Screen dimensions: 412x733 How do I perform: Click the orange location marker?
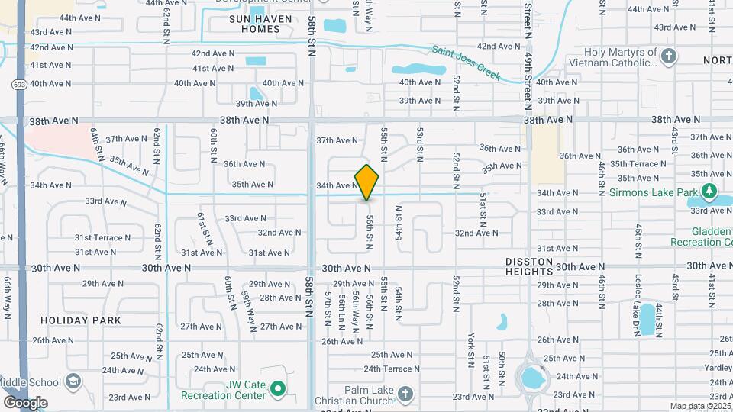(366, 182)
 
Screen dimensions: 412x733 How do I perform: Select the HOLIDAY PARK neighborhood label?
(81, 320)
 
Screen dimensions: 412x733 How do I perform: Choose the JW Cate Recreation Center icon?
(277, 390)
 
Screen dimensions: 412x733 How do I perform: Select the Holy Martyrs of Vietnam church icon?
(669, 56)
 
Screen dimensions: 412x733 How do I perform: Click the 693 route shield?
(18, 84)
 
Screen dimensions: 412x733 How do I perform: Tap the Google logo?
(25, 402)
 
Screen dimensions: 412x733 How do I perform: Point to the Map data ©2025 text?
(700, 406)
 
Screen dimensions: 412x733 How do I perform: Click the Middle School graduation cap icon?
(73, 381)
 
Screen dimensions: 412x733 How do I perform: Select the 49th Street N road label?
(528, 46)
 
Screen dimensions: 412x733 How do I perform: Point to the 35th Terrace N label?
(638, 164)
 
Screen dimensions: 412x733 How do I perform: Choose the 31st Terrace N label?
(102, 237)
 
